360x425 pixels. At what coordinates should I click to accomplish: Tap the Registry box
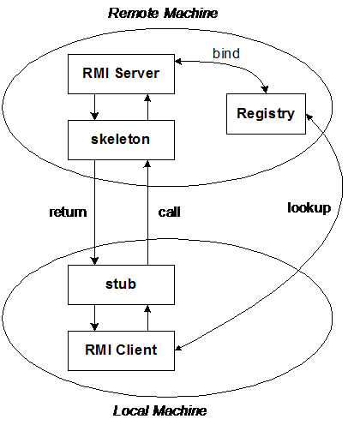point(266,113)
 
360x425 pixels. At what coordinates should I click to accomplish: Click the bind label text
point(226,53)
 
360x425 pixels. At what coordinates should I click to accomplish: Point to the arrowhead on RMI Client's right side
point(180,348)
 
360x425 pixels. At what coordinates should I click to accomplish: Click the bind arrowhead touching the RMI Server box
point(179,63)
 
